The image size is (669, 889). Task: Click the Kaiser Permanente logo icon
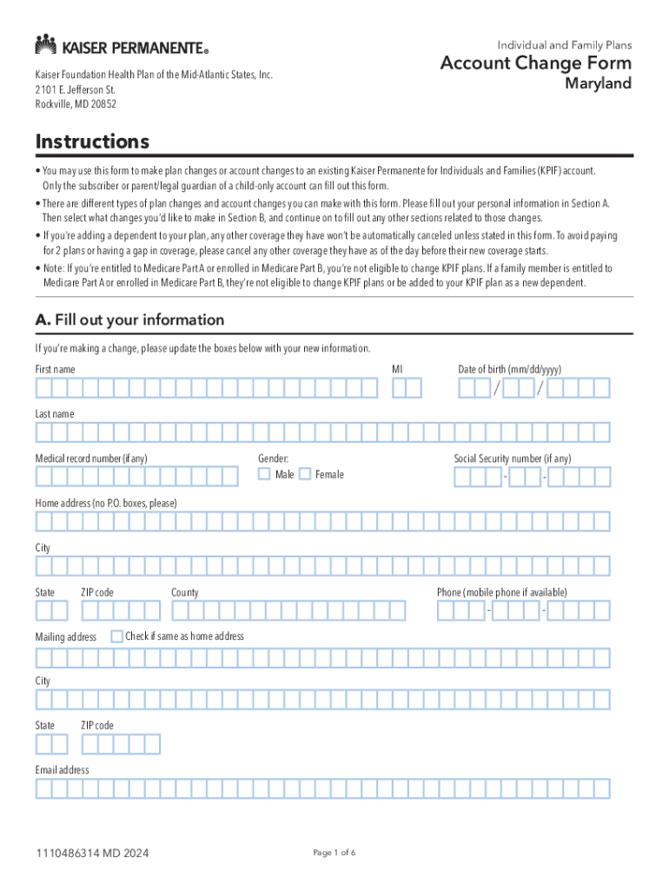46,44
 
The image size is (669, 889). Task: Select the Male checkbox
264,474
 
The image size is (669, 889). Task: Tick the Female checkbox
304,474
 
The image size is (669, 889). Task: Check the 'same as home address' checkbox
117,636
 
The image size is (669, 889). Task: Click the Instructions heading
92,142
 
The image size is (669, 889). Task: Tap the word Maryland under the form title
599,84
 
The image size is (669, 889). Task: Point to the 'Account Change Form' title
536,63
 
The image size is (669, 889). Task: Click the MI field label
397,370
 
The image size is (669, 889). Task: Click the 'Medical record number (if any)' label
91,458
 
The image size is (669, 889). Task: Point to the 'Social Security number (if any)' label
513,458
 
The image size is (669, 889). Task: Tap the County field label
184,592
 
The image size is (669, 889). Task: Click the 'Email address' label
62,770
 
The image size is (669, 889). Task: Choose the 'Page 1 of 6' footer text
334,853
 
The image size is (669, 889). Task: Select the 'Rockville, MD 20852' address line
76,104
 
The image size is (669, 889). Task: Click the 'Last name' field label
55,414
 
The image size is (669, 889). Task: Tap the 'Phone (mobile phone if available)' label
501,592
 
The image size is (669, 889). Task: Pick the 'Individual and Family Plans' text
565,44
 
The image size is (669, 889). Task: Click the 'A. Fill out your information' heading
129,320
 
